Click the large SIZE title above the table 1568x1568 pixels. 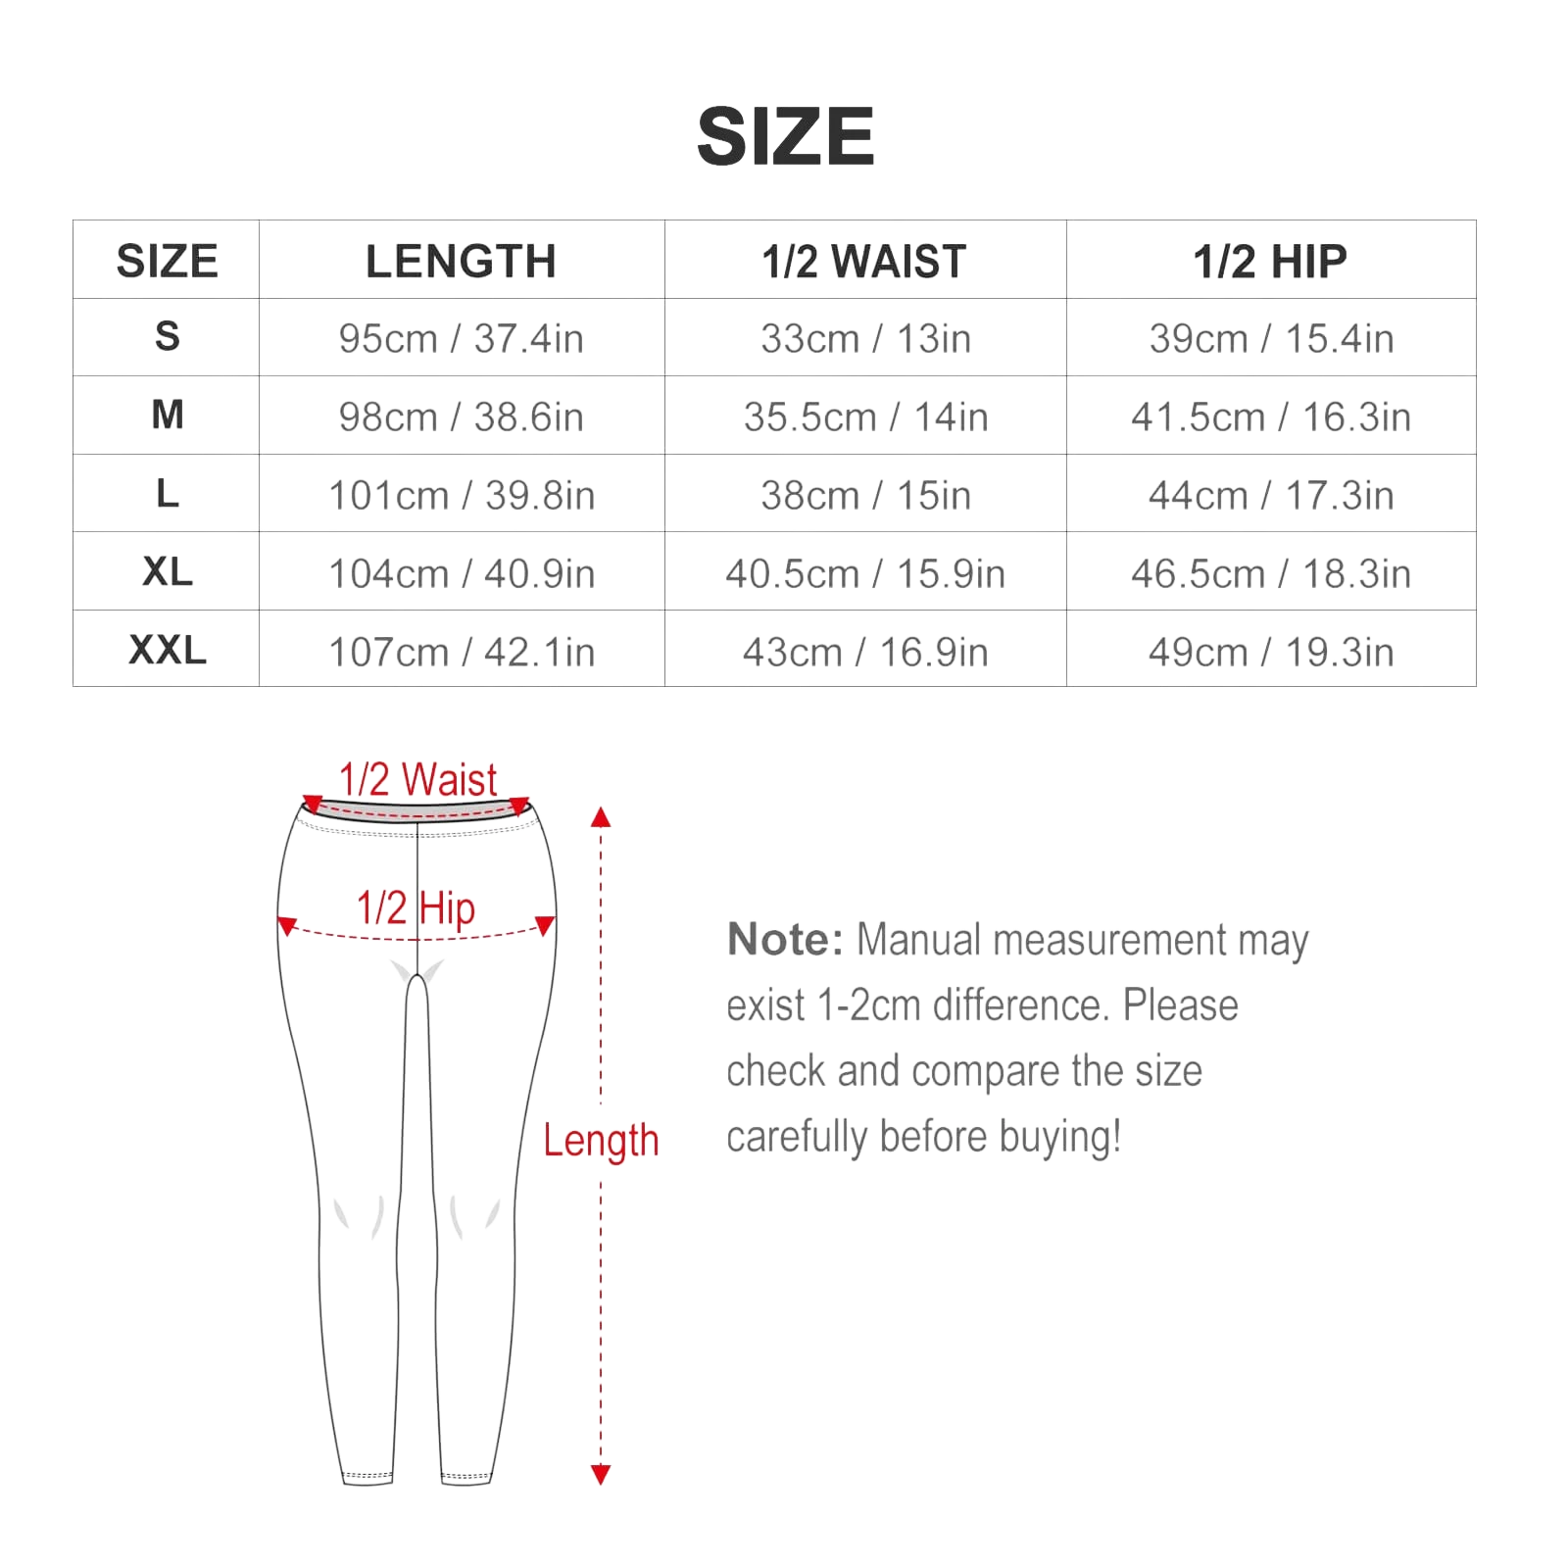785,136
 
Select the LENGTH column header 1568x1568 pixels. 461,262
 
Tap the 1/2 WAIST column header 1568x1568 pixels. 864,262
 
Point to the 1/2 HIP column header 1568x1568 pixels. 1270,262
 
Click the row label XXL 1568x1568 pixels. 168,650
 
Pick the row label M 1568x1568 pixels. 168,415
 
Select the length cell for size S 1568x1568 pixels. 461,339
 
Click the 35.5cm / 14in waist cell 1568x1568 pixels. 865,417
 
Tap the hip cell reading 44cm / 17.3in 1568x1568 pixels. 1271,496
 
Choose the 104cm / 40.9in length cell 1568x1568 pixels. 462,574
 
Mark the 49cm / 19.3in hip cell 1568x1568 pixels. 1271,653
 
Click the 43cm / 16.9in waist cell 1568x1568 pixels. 865,653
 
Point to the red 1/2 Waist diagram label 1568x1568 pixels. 418,780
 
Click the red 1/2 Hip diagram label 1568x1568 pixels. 416,908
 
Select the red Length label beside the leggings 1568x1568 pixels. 601,1141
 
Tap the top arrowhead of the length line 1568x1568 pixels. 601,817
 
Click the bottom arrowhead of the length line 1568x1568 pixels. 601,1475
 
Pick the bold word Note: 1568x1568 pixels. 785,940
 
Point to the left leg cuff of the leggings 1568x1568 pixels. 367,1477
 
